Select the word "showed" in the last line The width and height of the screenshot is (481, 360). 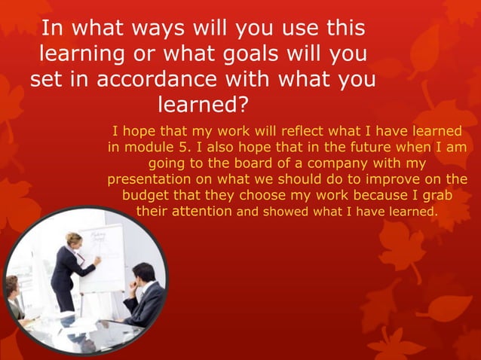(290, 212)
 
